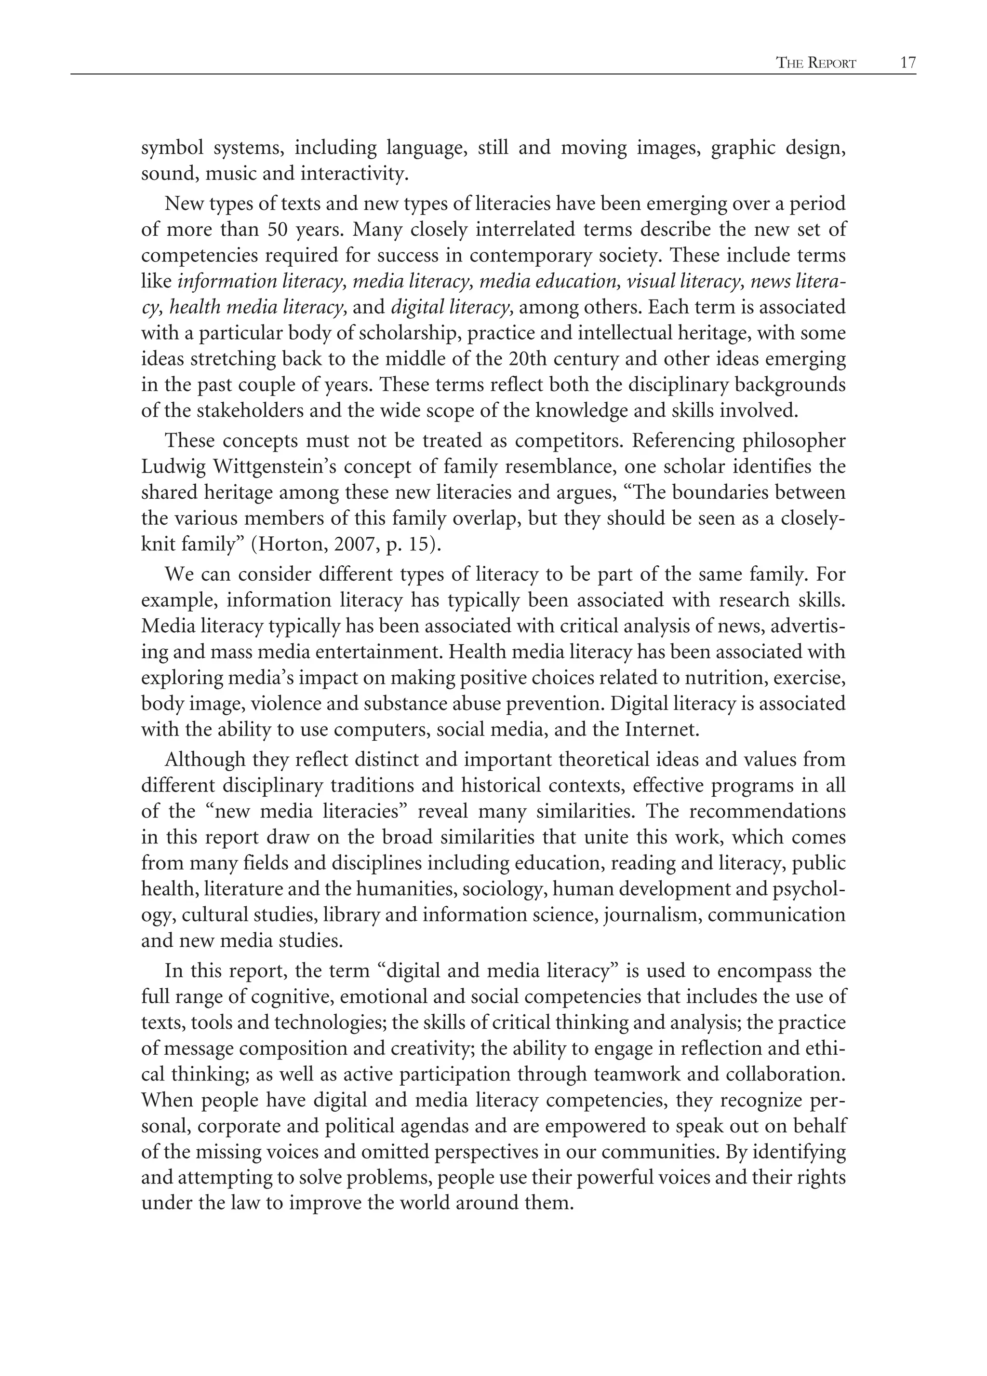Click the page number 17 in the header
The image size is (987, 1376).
[907, 63]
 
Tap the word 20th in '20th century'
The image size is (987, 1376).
[524, 359]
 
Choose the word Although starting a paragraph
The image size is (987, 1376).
[203, 760]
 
